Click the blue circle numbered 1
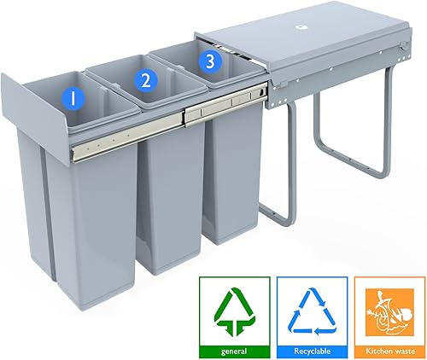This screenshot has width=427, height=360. click(73, 99)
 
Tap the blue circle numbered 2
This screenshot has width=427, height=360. click(146, 80)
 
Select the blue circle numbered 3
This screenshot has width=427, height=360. click(210, 61)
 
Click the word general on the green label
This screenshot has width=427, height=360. click(234, 351)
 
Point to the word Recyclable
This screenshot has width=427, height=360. click(312, 351)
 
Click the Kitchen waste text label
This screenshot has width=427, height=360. click(390, 351)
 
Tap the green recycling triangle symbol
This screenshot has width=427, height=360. click(234, 312)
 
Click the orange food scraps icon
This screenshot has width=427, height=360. click(389, 312)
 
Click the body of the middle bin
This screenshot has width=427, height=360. click(170, 196)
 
